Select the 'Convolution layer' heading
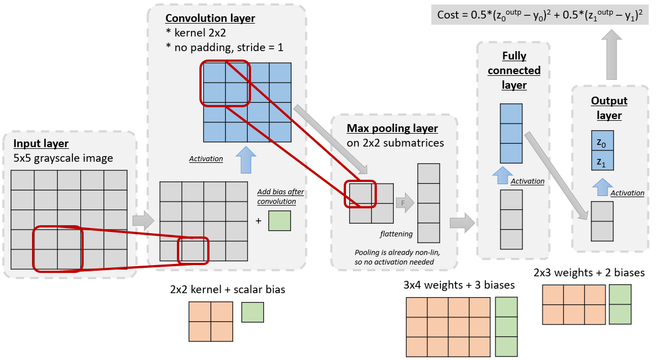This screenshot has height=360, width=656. click(x=211, y=19)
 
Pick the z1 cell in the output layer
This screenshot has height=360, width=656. click(x=602, y=162)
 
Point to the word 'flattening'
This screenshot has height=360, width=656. click(x=397, y=234)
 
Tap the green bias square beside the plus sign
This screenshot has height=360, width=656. click(x=279, y=220)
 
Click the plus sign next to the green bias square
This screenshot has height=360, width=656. click(x=258, y=221)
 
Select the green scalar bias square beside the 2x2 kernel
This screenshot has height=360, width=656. click(x=252, y=312)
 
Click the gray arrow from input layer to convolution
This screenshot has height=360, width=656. click(x=143, y=221)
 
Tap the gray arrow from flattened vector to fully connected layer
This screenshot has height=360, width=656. click(x=462, y=222)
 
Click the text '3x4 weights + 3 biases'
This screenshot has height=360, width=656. click(x=459, y=285)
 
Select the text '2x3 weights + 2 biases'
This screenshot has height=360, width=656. click(x=589, y=273)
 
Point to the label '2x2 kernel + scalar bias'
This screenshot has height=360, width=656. click(x=227, y=290)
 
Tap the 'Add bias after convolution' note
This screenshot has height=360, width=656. click(x=280, y=196)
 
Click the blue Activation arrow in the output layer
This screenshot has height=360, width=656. click(x=602, y=186)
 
